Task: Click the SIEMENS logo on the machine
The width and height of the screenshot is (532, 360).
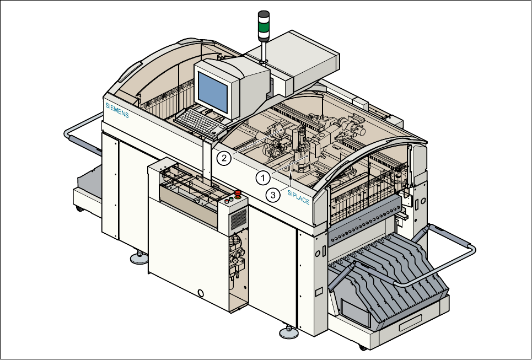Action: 117,110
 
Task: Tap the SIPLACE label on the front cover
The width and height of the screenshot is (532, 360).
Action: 298,197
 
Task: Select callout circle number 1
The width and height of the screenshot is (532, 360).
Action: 263,178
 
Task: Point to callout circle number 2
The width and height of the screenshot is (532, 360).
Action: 223,158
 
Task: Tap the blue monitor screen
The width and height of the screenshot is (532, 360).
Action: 213,89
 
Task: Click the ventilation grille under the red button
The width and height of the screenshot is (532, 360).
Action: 238,221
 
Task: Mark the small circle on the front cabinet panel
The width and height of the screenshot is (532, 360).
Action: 201,292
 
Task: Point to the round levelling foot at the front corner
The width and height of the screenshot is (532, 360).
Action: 287,332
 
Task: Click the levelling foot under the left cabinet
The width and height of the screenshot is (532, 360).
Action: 138,257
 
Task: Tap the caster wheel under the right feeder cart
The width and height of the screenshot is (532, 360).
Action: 362,347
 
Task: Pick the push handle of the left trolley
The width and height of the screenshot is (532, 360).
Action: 70,132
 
